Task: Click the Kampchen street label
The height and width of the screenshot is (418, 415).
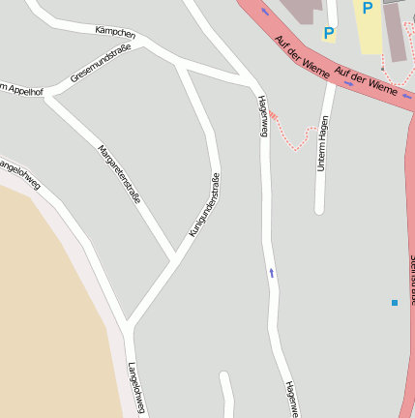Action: (x=115, y=34)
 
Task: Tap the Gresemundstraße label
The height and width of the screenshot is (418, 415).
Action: (x=101, y=64)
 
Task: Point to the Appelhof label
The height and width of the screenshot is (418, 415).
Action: (x=22, y=89)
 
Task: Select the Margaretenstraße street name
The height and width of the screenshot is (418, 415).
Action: (x=119, y=173)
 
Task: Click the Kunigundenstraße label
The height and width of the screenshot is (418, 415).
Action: (x=204, y=205)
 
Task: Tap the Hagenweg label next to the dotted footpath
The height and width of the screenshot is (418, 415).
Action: (x=262, y=115)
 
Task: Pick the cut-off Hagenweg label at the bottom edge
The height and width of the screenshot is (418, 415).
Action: (x=291, y=399)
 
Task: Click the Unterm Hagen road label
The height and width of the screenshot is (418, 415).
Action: (x=323, y=143)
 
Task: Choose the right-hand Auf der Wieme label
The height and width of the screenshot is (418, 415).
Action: (x=366, y=80)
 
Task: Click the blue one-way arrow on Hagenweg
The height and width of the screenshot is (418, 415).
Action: (x=272, y=273)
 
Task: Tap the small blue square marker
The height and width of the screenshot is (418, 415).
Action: (x=395, y=303)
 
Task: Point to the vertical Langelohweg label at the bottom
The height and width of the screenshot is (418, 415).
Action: (x=136, y=388)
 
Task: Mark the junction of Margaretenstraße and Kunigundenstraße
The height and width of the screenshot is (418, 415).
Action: (x=175, y=259)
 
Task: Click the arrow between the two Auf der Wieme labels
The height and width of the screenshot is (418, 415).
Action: (x=347, y=83)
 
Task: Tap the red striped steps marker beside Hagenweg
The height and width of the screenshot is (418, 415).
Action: (x=273, y=115)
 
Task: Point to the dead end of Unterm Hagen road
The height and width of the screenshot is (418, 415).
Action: (x=318, y=208)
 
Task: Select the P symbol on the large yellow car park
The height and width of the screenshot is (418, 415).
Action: (x=367, y=9)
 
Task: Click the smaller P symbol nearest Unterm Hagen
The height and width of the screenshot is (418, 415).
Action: (x=329, y=34)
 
